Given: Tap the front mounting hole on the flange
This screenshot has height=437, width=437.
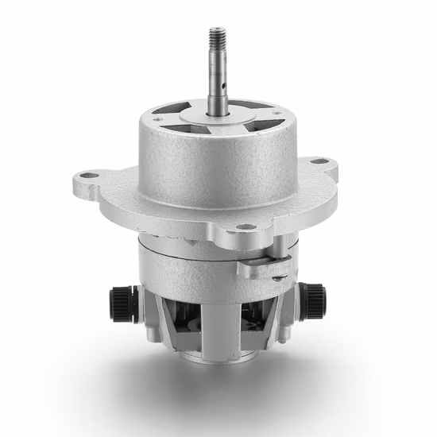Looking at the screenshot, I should pyautogui.click(x=247, y=226).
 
